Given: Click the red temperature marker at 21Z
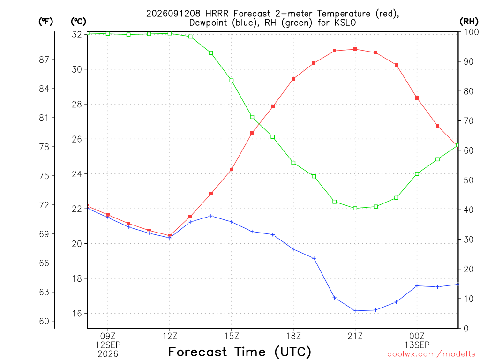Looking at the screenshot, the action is [355, 49].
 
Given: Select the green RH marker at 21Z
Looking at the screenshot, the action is [355, 209].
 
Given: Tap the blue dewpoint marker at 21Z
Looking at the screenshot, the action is [355, 311].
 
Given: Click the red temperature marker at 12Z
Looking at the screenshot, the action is [170, 236].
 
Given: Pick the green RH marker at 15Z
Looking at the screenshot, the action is [232, 81].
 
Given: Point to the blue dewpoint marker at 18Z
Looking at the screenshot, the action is [293, 249].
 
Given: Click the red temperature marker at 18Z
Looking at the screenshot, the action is [293, 79].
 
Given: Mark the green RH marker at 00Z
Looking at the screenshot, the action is [417, 174].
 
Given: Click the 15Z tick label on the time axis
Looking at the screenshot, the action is [232, 337].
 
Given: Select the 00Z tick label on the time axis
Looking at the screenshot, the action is [417, 337].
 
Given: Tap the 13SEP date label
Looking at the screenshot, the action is [417, 345].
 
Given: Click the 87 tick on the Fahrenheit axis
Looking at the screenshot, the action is [44, 60].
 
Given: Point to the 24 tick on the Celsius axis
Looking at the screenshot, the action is [77, 174].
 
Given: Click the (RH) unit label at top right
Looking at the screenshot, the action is [469, 22].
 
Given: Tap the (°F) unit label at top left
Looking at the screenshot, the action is [45, 22].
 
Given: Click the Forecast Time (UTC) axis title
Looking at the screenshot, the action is [240, 352].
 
